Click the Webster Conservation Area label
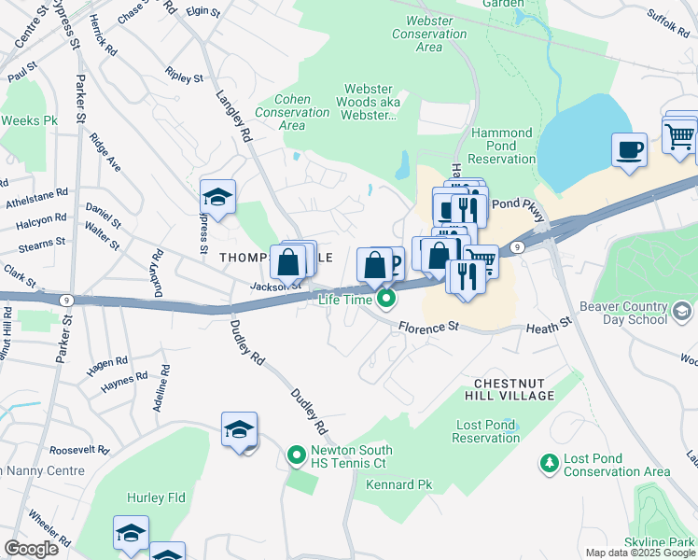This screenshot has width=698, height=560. pyautogui.click(x=429, y=34)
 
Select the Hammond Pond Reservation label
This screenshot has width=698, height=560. pyautogui.click(x=502, y=146)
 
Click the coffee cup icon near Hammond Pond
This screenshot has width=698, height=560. pyautogui.click(x=629, y=149)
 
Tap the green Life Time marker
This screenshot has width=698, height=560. pyautogui.click(x=385, y=299)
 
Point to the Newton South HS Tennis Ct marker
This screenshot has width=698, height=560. pyautogui.click(x=297, y=455)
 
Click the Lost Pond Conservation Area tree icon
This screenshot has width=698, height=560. pyautogui.click(x=550, y=463)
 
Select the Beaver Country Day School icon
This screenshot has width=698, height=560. pyautogui.click(x=682, y=311)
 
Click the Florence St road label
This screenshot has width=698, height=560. pyautogui.click(x=430, y=328)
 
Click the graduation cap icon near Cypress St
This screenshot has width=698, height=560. pyautogui.click(x=217, y=197)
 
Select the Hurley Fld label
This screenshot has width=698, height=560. pyautogui.click(x=163, y=497)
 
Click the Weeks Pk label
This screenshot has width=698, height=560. pyautogui.click(x=29, y=120)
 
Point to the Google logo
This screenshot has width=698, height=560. pyautogui.click(x=31, y=549)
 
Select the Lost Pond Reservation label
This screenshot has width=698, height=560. pyautogui.click(x=486, y=431)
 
